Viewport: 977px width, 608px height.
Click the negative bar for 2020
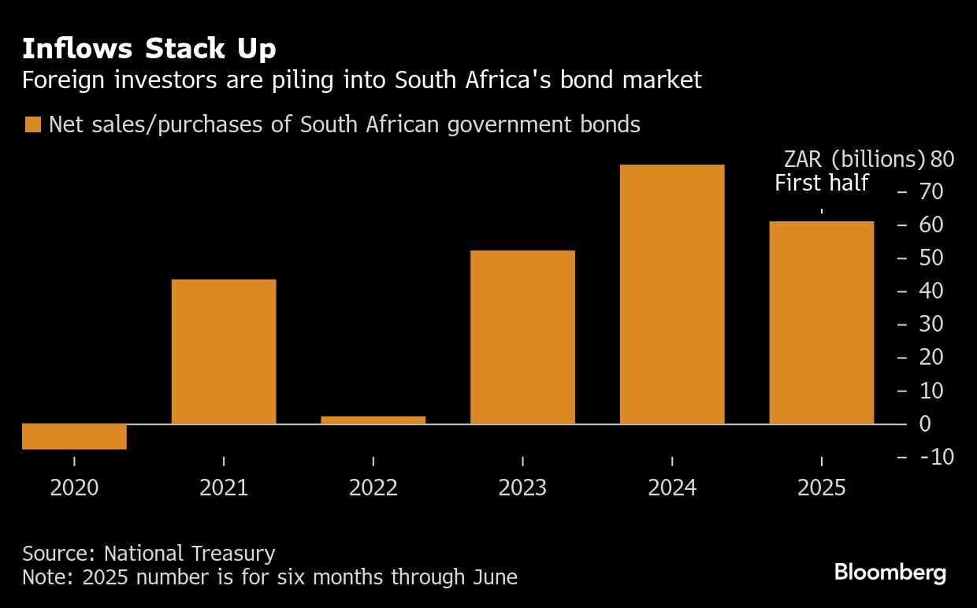tap(74, 436)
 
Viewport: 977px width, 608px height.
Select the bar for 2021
tap(224, 351)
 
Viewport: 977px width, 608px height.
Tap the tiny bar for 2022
tap(373, 420)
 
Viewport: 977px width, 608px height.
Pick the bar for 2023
tap(522, 337)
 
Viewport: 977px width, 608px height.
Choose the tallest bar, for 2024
tap(672, 294)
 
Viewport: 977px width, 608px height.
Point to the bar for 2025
tap(822, 323)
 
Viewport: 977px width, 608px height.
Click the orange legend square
tap(33, 124)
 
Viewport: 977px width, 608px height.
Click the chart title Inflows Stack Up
tap(149, 49)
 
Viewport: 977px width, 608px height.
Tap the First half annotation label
tap(821, 184)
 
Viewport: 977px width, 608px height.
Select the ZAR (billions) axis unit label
tap(854, 159)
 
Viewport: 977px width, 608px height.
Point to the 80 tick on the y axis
tap(942, 159)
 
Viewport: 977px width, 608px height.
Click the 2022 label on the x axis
tap(373, 488)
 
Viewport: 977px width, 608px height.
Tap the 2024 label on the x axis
tap(672, 488)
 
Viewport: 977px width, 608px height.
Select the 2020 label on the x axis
tap(74, 488)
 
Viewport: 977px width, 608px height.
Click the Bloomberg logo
tap(890, 573)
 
